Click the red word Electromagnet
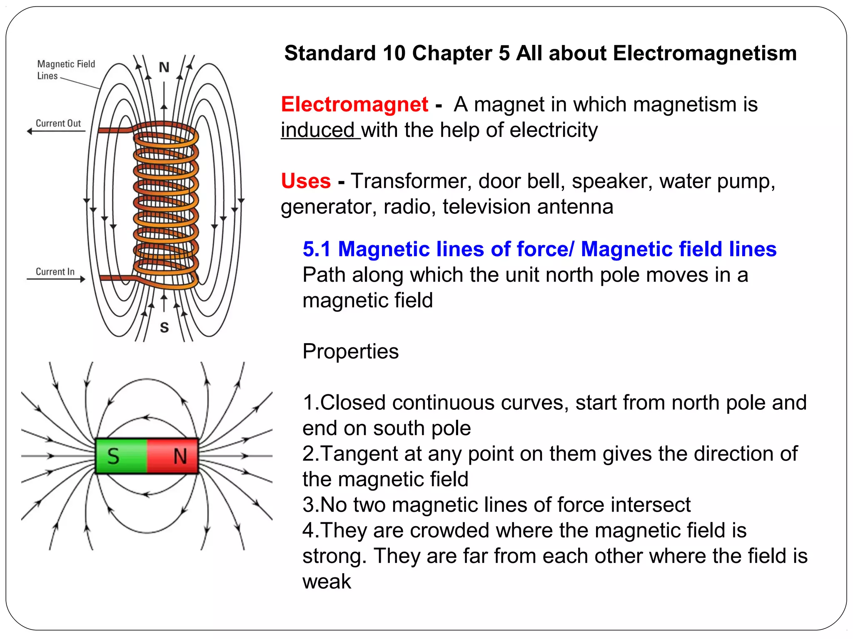click(354, 104)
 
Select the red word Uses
click(306, 181)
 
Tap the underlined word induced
click(317, 130)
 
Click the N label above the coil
click(164, 67)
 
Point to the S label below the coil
click(165, 328)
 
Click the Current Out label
click(58, 123)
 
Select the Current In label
click(55, 272)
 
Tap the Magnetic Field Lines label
click(66, 69)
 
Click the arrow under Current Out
click(56, 131)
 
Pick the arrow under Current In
click(56, 279)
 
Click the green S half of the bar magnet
click(121, 456)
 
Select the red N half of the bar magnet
click(173, 456)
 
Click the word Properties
click(350, 352)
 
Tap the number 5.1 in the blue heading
click(317, 249)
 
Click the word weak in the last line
click(327, 582)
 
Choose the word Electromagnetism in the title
click(704, 53)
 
